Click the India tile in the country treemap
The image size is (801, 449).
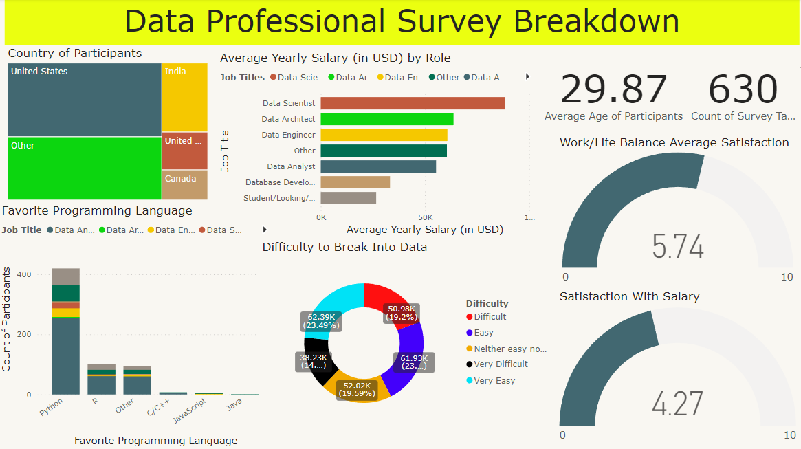tap(184, 97)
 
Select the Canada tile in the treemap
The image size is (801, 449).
tap(184, 184)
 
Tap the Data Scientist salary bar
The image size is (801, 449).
tap(413, 103)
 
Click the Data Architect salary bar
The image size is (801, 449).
tap(386, 119)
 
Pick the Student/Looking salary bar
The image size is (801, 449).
tap(348, 198)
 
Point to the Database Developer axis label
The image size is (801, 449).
tap(281, 182)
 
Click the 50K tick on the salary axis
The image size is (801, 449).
tap(425, 217)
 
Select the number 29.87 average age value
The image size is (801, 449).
tap(613, 89)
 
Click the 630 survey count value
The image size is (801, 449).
tap(743, 89)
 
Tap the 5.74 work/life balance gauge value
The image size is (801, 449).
tap(678, 246)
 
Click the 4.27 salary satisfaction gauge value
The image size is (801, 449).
tap(678, 404)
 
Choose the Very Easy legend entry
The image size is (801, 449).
tap(494, 381)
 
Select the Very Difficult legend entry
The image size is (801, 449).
tap(501, 364)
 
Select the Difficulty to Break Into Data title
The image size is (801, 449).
tap(344, 247)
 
